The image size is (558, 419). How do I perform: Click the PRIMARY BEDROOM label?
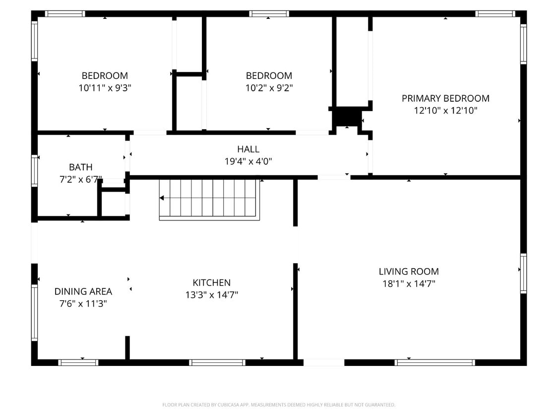(445, 98)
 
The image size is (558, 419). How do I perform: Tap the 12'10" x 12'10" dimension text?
(445, 111)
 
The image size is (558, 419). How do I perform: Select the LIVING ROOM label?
(408, 272)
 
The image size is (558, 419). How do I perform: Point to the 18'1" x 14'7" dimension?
(408, 284)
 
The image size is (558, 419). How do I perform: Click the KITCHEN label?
(211, 282)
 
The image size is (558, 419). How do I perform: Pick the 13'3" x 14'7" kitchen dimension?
(211, 295)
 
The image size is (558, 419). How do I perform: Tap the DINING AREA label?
(83, 291)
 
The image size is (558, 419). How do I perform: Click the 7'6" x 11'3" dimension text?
(83, 303)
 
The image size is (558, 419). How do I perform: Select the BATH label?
(80, 167)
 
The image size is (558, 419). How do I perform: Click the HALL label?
(248, 149)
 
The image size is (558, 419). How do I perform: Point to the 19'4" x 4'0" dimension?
(248, 161)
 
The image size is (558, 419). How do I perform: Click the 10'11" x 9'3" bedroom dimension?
(105, 88)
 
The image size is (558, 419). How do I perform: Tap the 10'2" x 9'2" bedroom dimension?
(269, 88)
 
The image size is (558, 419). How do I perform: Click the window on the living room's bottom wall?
(434, 362)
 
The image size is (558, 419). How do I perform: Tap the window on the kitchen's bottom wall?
(217, 362)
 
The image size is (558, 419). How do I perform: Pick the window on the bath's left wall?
(34, 170)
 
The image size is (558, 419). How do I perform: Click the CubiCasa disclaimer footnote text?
(279, 405)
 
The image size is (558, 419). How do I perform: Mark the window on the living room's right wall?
(523, 273)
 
